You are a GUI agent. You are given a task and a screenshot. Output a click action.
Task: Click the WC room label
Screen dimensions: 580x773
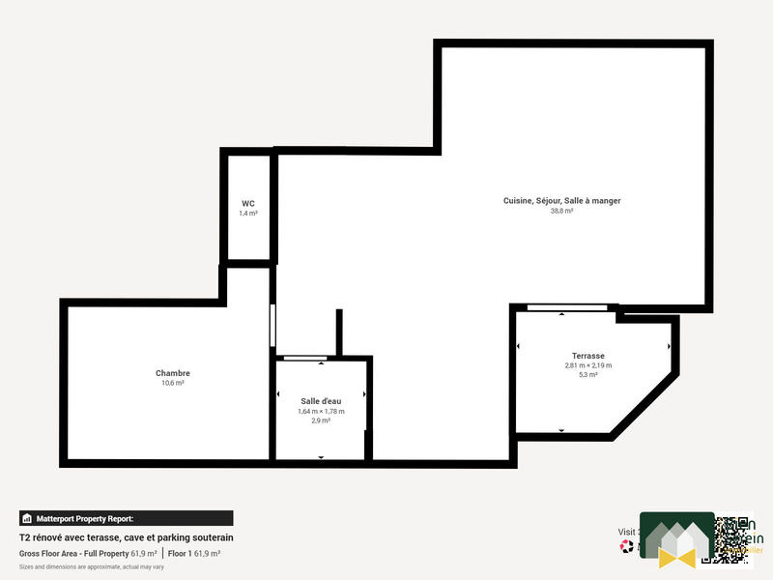click(248, 203)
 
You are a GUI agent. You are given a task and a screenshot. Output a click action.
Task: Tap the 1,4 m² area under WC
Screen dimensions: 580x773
click(248, 213)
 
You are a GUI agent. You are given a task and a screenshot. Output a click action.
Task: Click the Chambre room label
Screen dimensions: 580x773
click(173, 373)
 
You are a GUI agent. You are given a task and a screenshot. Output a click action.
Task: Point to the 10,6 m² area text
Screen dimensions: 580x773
click(173, 383)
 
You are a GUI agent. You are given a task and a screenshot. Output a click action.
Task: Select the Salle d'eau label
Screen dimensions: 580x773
click(321, 400)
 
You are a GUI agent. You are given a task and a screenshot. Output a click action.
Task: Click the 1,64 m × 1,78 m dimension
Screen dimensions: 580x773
click(321, 411)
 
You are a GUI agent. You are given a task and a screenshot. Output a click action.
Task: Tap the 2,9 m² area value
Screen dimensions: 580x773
click(321, 421)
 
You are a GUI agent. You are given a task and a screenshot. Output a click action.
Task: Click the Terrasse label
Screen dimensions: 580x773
click(588, 356)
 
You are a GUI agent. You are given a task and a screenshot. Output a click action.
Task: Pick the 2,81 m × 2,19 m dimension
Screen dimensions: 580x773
click(588, 365)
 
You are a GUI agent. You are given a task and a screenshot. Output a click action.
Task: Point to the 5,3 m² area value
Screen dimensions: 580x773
click(588, 375)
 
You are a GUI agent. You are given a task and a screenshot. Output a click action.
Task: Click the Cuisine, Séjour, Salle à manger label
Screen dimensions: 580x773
click(561, 200)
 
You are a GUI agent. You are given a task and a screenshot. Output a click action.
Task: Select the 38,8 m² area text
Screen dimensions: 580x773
click(561, 211)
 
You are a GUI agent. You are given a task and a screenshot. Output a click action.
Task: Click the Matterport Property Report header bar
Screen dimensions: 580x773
click(126, 518)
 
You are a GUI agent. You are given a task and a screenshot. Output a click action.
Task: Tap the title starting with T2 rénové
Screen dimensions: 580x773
click(127, 537)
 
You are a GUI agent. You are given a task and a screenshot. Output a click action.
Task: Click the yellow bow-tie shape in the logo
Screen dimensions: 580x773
click(677, 556)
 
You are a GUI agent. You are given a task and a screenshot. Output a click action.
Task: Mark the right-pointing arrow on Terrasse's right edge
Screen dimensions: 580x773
click(669, 346)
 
